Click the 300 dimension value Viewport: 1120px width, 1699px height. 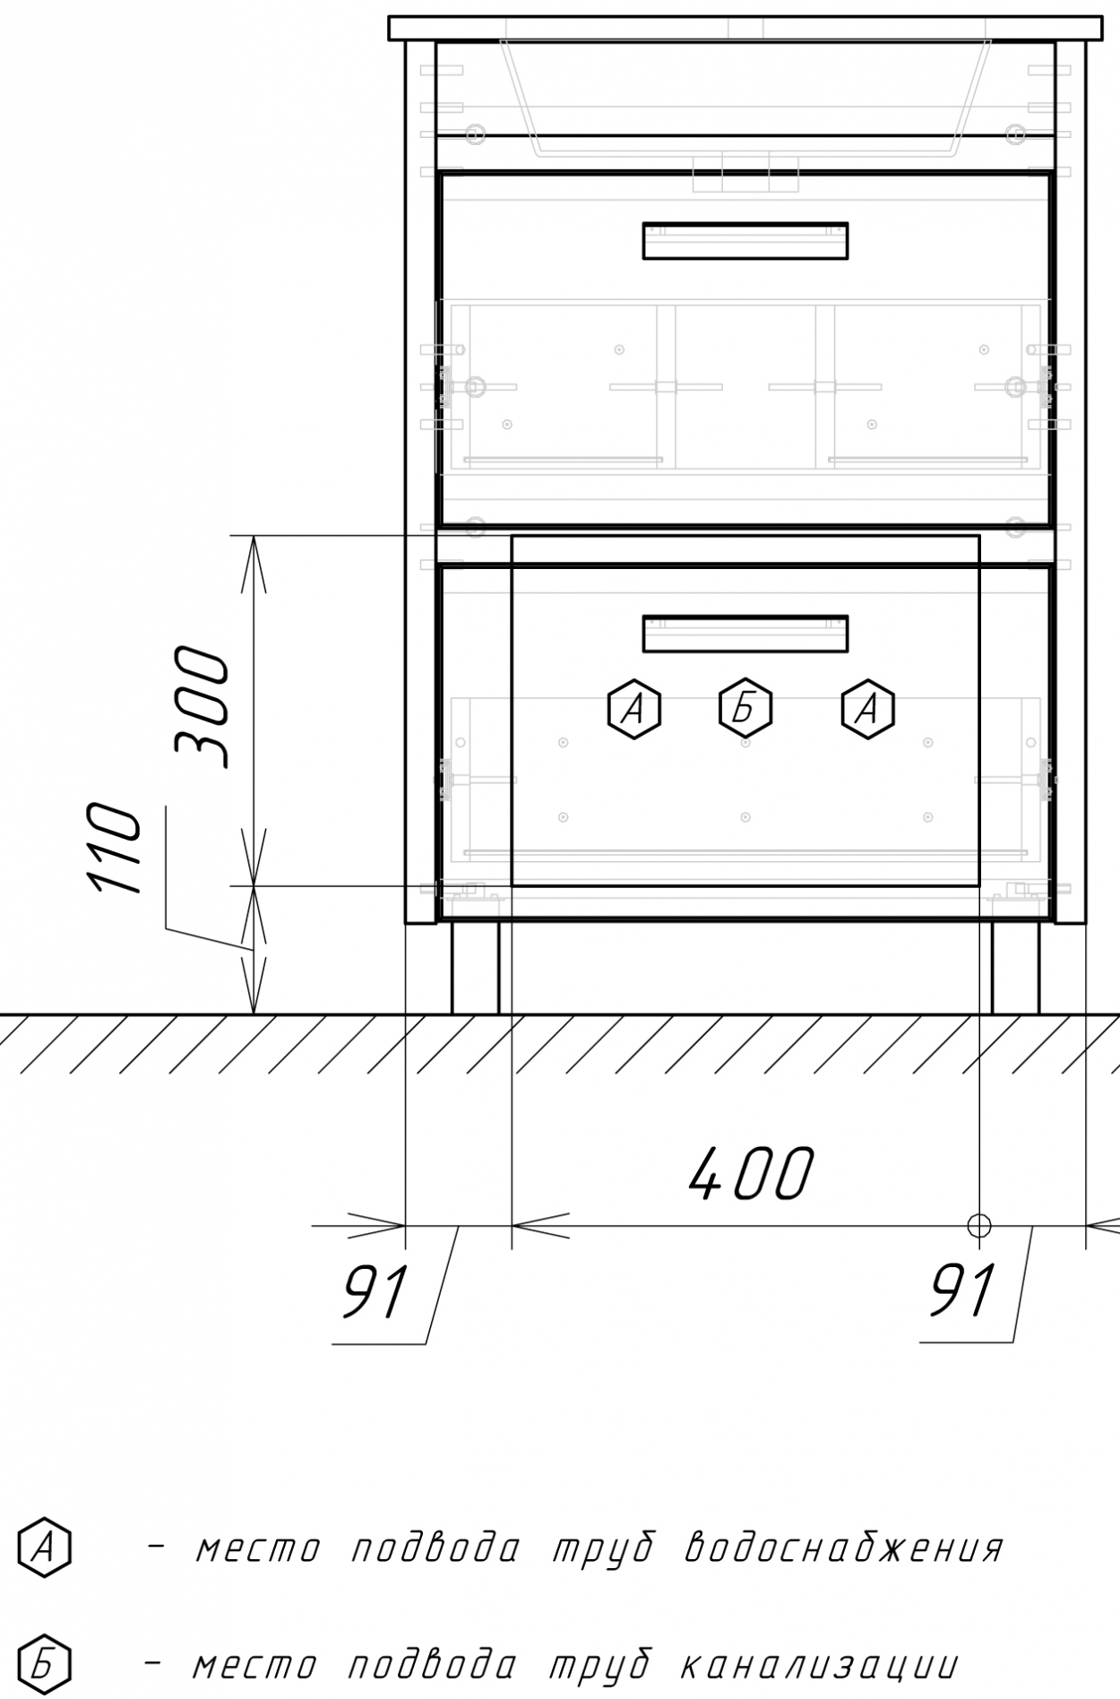pyautogui.click(x=202, y=706)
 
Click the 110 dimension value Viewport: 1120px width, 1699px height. pyautogui.click(x=115, y=849)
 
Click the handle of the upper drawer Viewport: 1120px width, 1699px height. pyautogui.click(x=745, y=240)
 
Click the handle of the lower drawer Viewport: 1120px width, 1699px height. pyautogui.click(x=745, y=633)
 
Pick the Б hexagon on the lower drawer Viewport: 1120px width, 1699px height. pyautogui.click(x=745, y=709)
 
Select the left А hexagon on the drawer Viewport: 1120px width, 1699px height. pyautogui.click(x=634, y=709)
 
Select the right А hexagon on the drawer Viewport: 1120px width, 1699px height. pyautogui.click(x=867, y=709)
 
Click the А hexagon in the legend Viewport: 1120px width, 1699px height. pyautogui.click(x=44, y=1546)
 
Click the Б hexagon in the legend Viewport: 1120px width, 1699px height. pyautogui.click(x=44, y=1665)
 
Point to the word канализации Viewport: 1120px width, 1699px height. pyautogui.click(x=820, y=1667)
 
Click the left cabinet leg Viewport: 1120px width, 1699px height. pyautogui.click(x=475, y=967)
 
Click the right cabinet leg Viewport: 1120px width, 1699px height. pyautogui.click(x=1015, y=967)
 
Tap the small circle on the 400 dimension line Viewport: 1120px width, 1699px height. pyautogui.click(x=978, y=1224)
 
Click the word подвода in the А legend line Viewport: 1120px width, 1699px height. pyautogui.click(x=435, y=1548)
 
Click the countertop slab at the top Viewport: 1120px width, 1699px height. pyautogui.click(x=745, y=28)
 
